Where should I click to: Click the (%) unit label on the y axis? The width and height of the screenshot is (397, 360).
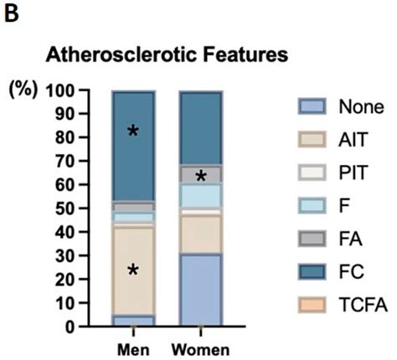pos(23,89)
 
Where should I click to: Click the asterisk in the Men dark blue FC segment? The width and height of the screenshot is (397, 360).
pos(132,131)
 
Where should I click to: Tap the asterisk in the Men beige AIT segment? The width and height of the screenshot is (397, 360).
pos(132,270)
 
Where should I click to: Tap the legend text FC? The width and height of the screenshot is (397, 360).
pos(350,274)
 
